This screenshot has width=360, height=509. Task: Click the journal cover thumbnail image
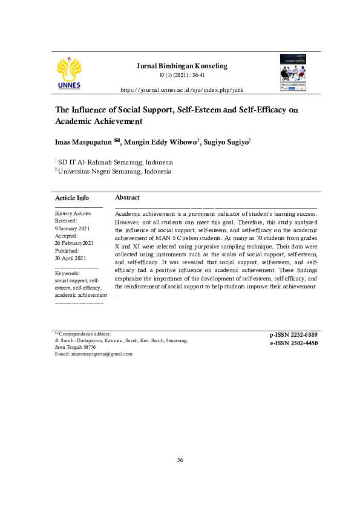(x=293, y=73)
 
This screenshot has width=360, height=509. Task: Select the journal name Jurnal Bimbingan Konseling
(x=182, y=66)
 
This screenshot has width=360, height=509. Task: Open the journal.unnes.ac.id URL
(x=182, y=89)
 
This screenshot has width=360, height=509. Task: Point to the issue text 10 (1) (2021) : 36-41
(x=181, y=76)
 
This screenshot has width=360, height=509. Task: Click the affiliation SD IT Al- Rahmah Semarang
(x=115, y=162)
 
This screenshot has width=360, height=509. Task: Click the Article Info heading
(x=72, y=198)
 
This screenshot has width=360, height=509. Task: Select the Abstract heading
(x=127, y=198)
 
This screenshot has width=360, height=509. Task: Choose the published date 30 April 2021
(x=71, y=258)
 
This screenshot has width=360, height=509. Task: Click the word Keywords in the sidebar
(x=67, y=273)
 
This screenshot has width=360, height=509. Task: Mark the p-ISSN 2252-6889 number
(x=293, y=334)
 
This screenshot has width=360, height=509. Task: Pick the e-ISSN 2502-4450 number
(x=293, y=343)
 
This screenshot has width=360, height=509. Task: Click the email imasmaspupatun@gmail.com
(x=102, y=354)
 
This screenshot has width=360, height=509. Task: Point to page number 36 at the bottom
(x=180, y=461)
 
